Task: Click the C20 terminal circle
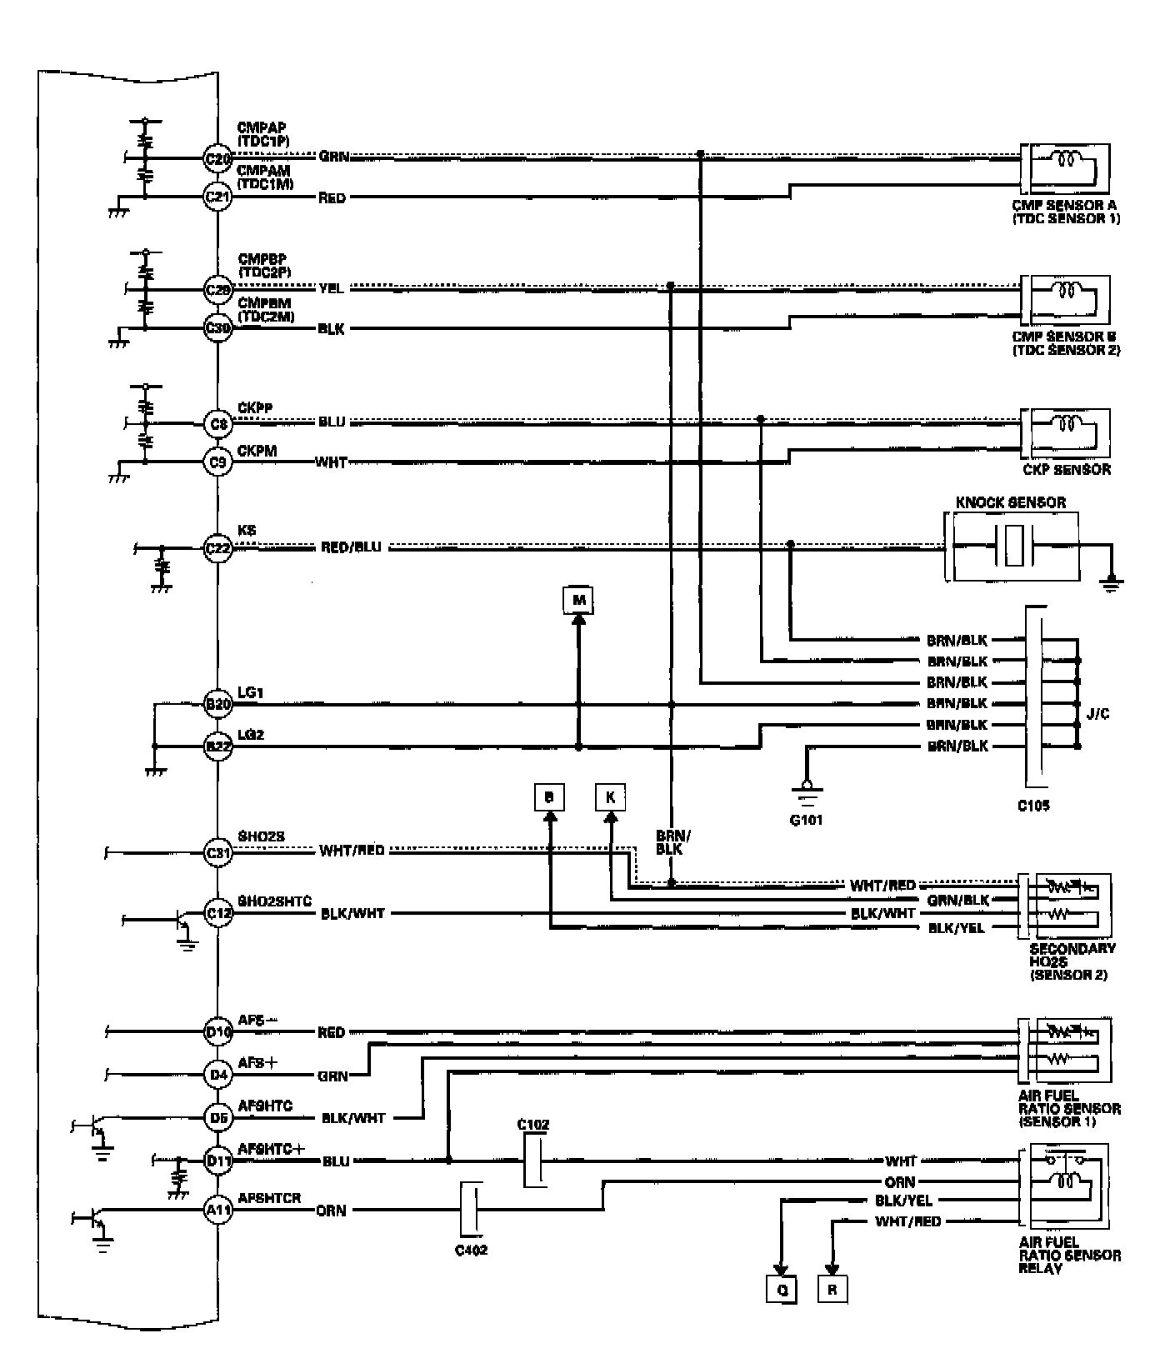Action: tap(217, 157)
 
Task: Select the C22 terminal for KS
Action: tap(217, 549)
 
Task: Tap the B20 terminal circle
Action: tap(217, 705)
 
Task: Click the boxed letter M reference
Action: tap(579, 600)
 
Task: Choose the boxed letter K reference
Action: tap(610, 797)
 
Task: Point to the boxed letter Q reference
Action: tap(782, 1291)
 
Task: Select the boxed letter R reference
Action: tap(832, 1291)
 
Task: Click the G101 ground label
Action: tap(806, 820)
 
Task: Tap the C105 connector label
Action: tap(1033, 806)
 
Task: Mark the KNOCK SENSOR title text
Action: tap(1010, 502)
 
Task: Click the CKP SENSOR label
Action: tap(1067, 470)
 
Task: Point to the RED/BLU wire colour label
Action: tap(351, 547)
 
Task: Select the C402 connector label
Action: tap(471, 1250)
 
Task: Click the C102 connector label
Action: tap(533, 1125)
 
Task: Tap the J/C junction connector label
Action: tap(1097, 714)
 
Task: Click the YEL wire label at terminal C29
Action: tap(331, 288)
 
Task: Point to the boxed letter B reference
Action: tap(549, 797)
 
